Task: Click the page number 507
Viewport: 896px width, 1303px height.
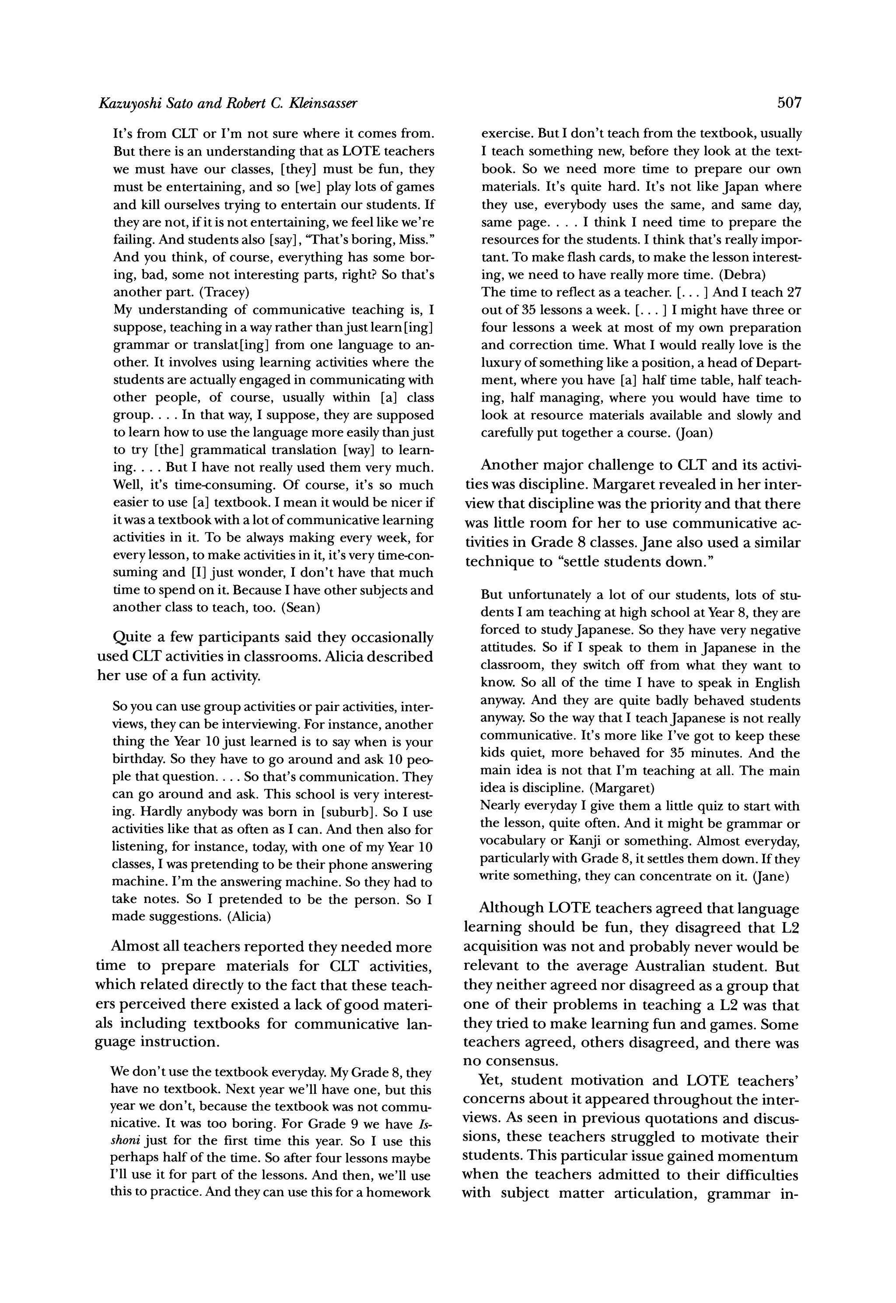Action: (x=789, y=103)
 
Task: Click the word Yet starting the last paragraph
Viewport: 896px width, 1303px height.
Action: (x=491, y=1081)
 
